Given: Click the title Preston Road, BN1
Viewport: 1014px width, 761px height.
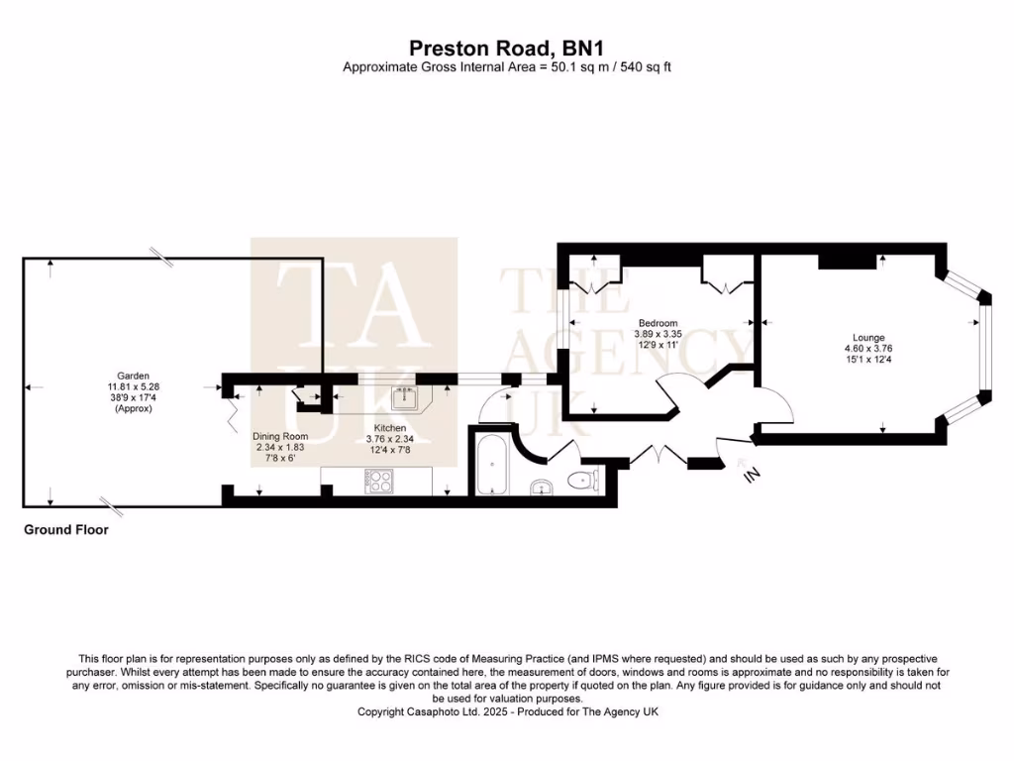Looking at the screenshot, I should coord(507,47).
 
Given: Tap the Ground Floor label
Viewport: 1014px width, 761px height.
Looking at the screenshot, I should coord(66,530).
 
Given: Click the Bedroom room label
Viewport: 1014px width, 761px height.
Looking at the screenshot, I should coord(658,323).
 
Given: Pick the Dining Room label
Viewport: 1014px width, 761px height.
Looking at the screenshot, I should coord(280,436).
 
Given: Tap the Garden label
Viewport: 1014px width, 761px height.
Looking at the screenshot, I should coord(133,376).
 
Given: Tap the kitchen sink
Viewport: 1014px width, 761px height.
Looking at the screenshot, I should coord(403,400).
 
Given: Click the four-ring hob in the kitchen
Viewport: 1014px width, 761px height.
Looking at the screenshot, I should coord(379,481).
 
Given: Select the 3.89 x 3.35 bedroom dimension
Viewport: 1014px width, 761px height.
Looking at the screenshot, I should coord(658,335).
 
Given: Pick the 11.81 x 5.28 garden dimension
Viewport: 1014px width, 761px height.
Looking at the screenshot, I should coord(133,386).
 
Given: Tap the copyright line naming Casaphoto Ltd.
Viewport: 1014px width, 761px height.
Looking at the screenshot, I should coord(507,711).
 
